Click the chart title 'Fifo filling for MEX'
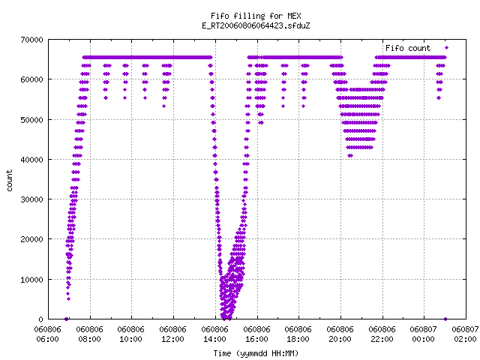click(256, 16)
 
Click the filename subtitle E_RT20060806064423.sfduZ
click(256, 25)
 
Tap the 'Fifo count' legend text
click(408, 48)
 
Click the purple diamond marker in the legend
click(446, 48)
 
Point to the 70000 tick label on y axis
click(31, 40)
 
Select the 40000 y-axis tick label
click(31, 160)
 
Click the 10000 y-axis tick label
click(31, 280)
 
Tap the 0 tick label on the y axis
click(41, 319)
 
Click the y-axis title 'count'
click(10, 181)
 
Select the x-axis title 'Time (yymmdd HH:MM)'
click(256, 353)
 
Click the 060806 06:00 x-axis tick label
click(48, 334)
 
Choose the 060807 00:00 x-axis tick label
click(423, 334)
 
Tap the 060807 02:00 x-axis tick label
click(465, 334)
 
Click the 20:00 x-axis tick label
click(340, 339)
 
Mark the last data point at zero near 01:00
click(445, 319)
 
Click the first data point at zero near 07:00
click(66, 319)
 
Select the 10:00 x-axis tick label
click(131, 339)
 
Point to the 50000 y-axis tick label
click(31, 120)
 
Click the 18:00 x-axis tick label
click(298, 339)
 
